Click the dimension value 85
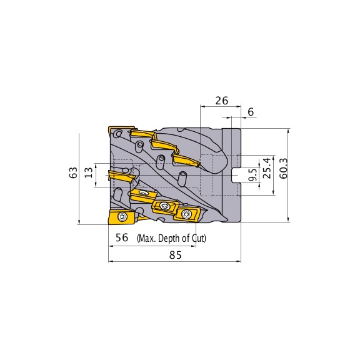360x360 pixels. click(x=175, y=255)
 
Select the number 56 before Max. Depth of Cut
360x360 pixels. click(x=122, y=238)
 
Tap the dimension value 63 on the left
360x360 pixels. click(x=72, y=173)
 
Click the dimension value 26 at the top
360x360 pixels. click(x=221, y=100)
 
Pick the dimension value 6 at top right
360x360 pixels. click(x=251, y=111)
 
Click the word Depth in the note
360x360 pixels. click(x=172, y=239)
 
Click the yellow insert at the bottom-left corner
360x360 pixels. click(x=121, y=217)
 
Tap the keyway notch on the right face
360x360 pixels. click(x=236, y=174)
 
